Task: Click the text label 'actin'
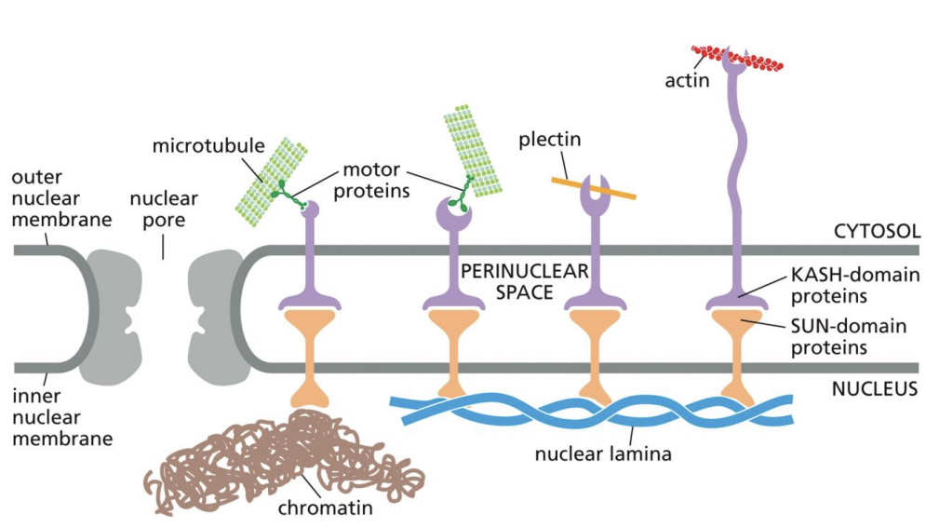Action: coord(687,80)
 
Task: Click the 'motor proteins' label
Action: coord(371,181)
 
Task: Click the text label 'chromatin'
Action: coord(325,508)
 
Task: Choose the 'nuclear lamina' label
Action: coord(603,454)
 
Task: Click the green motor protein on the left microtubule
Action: coord(284,194)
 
